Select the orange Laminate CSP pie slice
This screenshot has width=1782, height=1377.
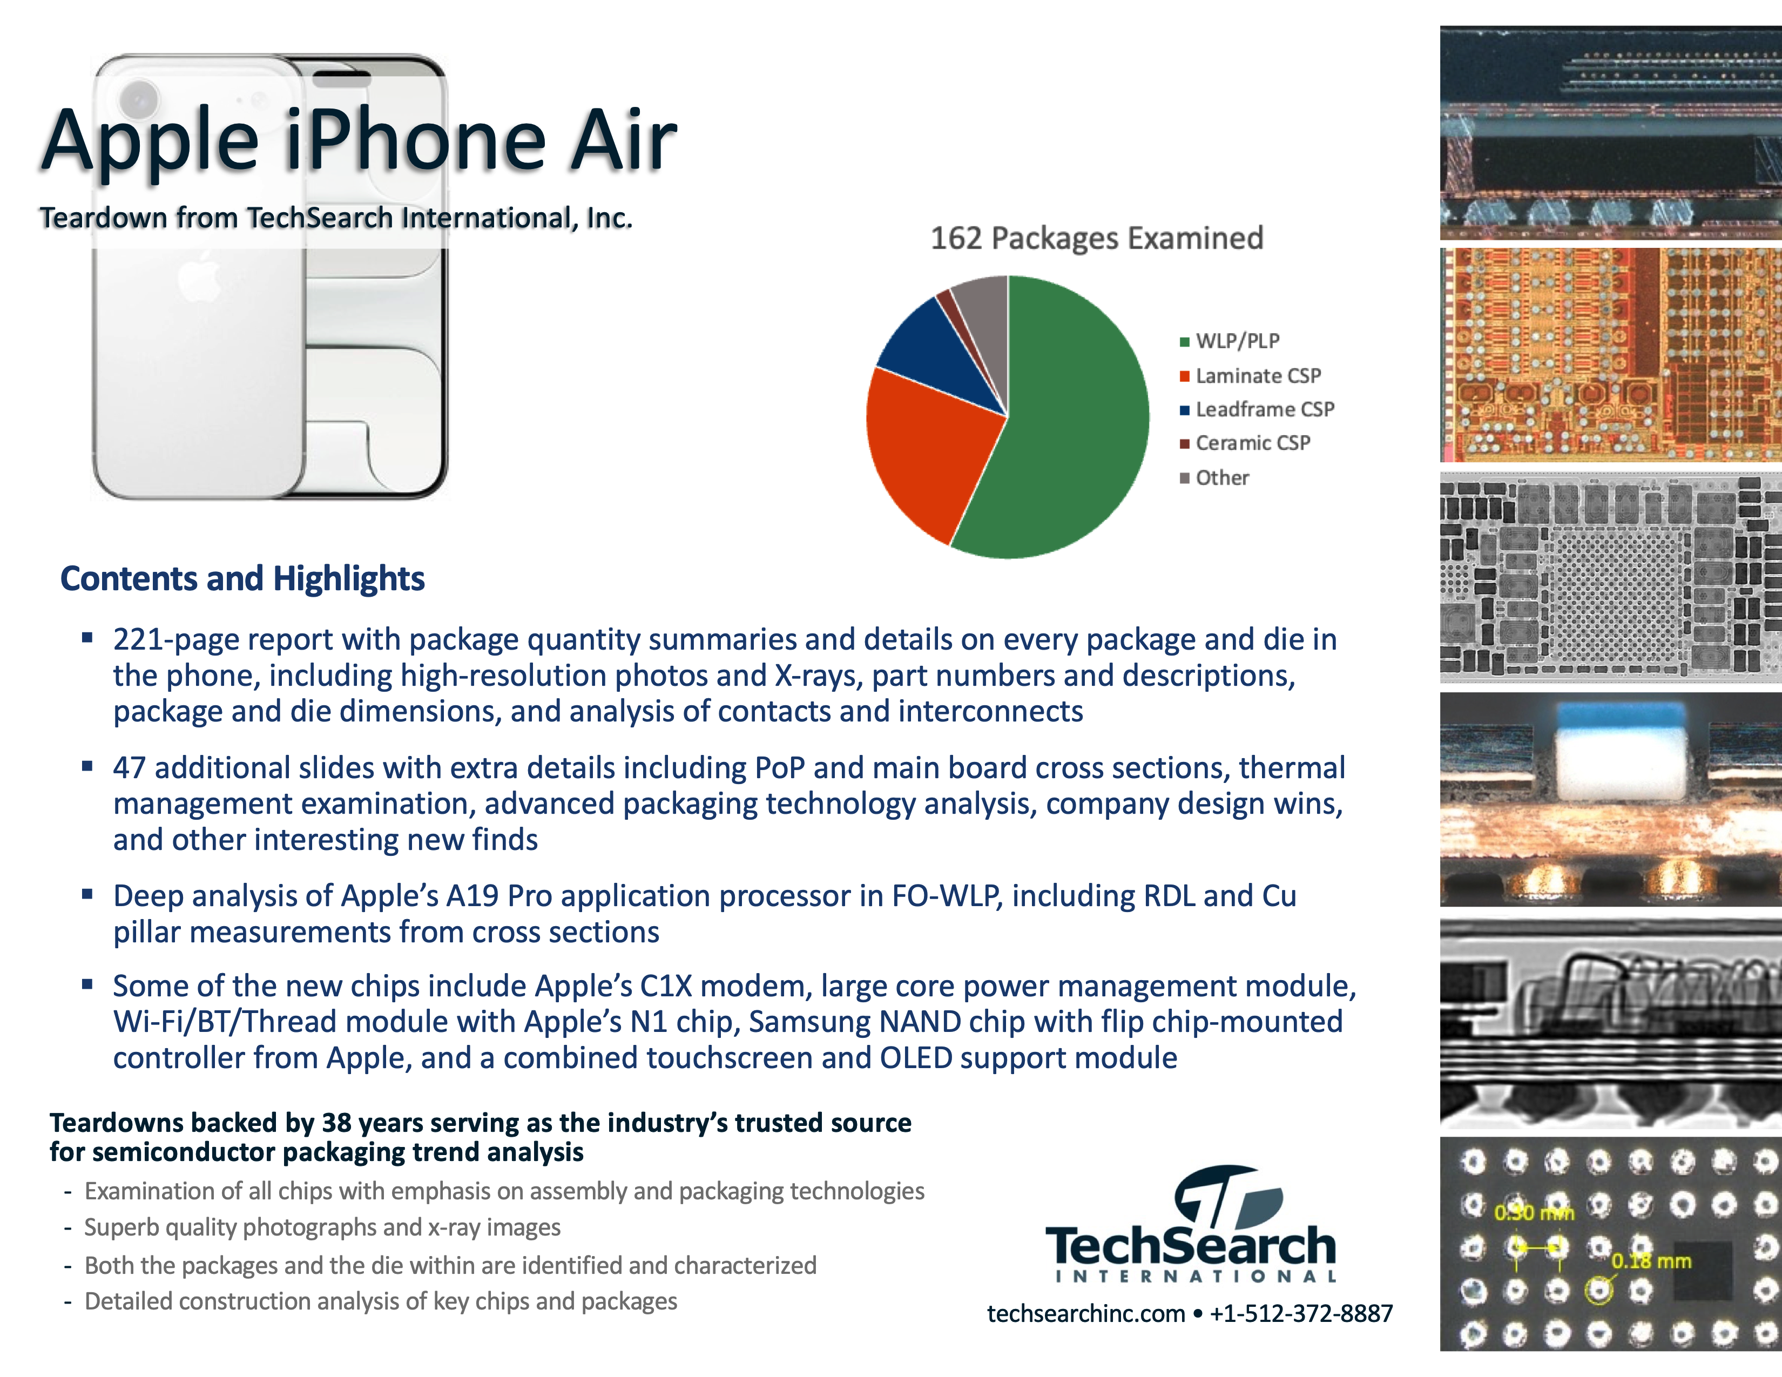pyautogui.click(x=930, y=449)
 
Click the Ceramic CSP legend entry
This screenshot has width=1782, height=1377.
pyautogui.click(x=1245, y=443)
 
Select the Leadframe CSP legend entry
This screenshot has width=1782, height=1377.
pyautogui.click(x=1257, y=409)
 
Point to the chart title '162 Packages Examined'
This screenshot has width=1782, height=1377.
pyautogui.click(x=1097, y=238)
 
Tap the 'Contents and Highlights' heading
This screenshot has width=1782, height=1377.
pyautogui.click(x=242, y=578)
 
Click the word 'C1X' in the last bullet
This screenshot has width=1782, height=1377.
pyautogui.click(x=666, y=986)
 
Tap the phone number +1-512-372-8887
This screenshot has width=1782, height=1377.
pyautogui.click(x=1301, y=1313)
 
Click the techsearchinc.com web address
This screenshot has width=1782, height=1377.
pyautogui.click(x=1085, y=1313)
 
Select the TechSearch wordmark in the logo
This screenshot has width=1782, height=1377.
pyautogui.click(x=1191, y=1246)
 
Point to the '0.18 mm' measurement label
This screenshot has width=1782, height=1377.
pyautogui.click(x=1651, y=1261)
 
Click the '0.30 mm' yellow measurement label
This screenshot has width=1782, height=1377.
pyautogui.click(x=1534, y=1213)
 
